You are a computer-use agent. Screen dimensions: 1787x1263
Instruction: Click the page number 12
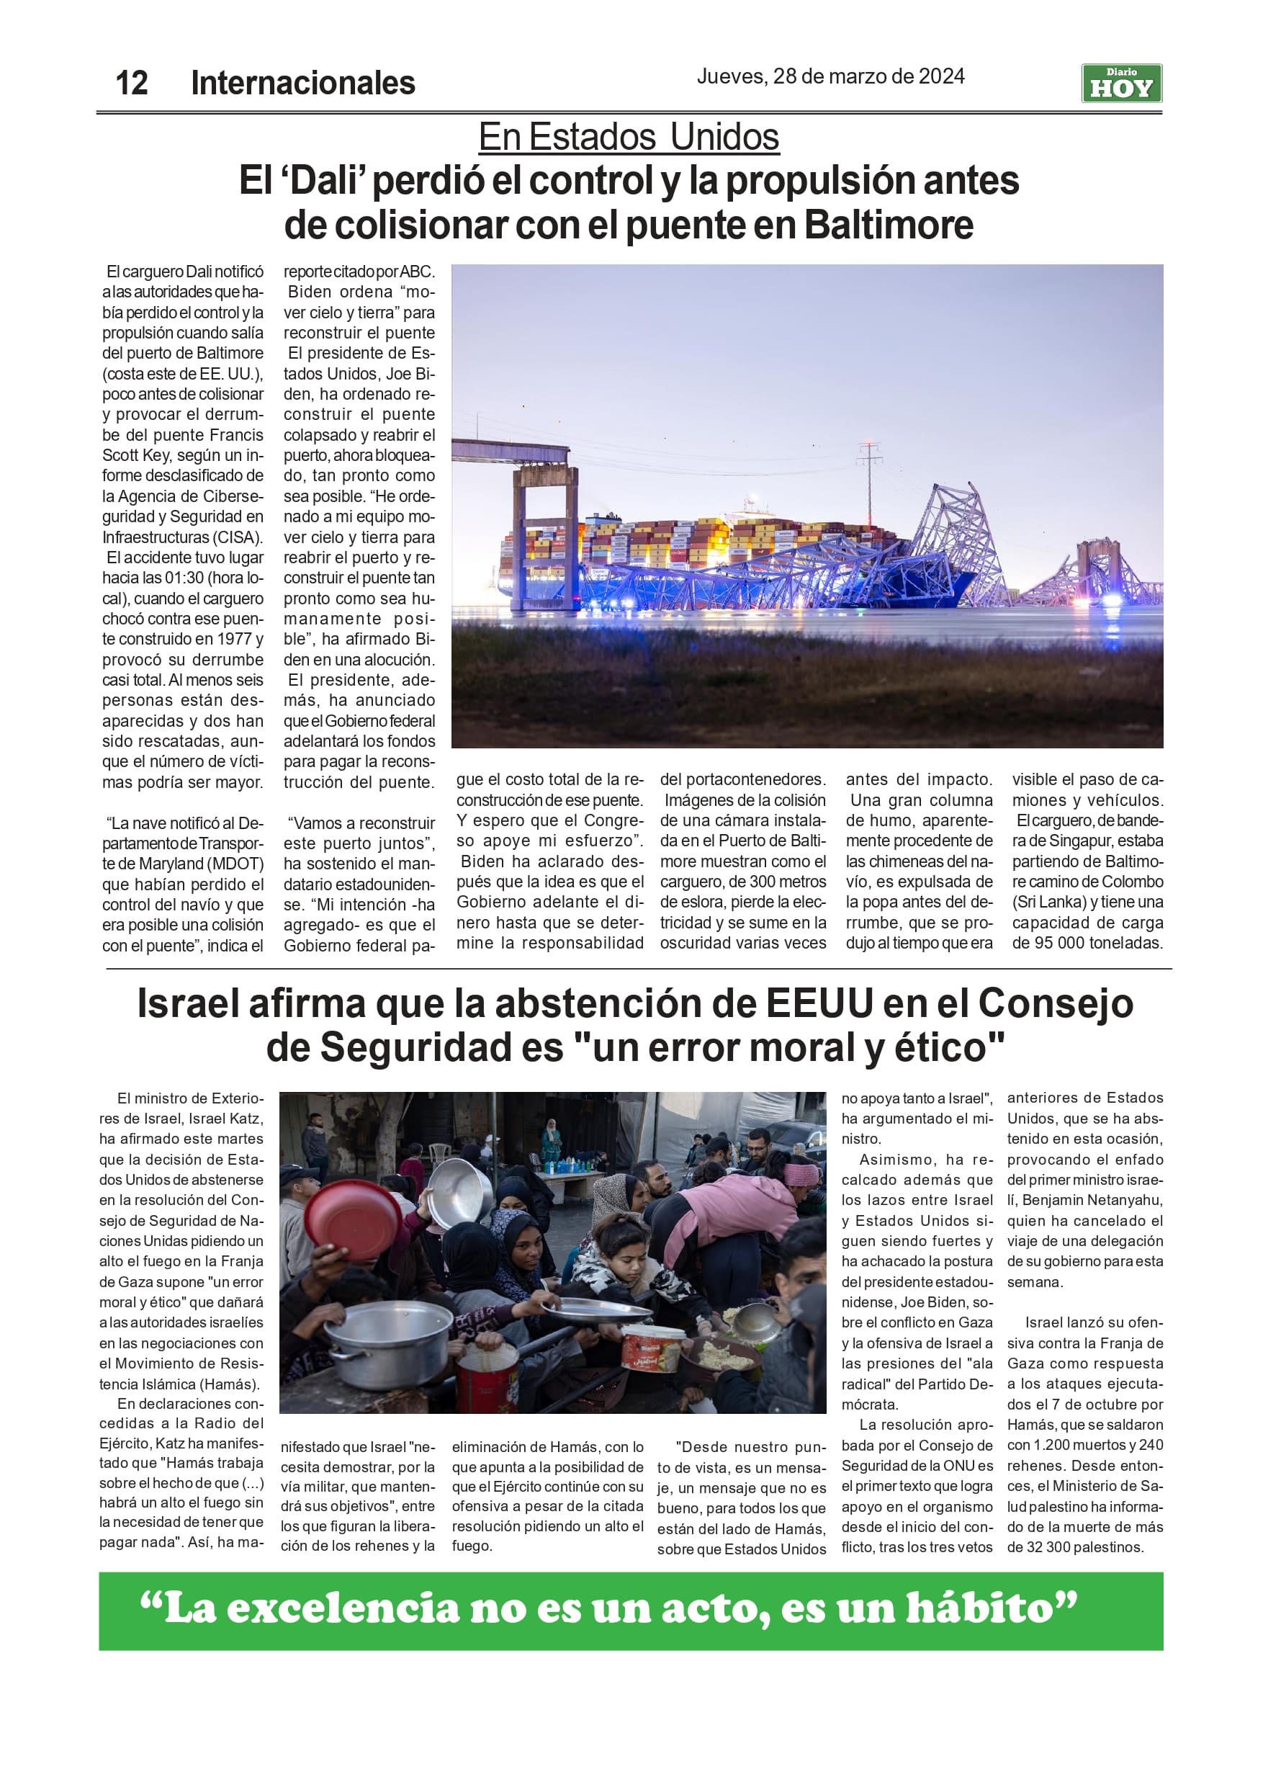point(131,83)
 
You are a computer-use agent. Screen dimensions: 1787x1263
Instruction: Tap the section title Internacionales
point(302,83)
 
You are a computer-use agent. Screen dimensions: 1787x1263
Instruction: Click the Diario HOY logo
point(1120,84)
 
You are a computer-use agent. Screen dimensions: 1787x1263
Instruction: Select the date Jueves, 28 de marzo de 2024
point(830,76)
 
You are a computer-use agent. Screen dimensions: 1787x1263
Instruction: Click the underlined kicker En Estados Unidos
point(629,137)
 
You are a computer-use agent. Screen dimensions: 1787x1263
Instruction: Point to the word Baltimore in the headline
point(888,225)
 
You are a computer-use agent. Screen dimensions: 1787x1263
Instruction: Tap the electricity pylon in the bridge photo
point(868,479)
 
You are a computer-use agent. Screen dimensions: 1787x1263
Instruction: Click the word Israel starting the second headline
point(187,1003)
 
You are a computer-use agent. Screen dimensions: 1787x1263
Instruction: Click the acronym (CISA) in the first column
point(238,537)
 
